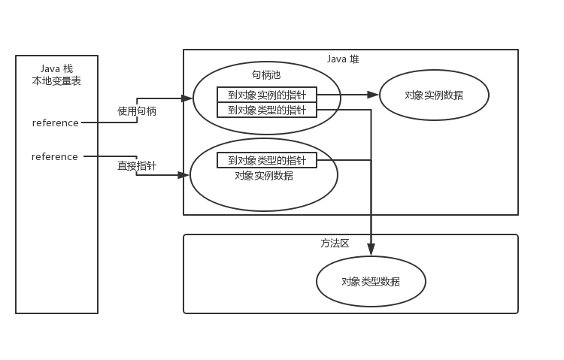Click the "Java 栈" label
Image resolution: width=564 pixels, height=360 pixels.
click(x=56, y=68)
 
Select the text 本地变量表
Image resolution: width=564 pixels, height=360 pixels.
click(x=56, y=81)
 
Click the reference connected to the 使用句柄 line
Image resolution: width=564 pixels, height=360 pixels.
click(x=56, y=123)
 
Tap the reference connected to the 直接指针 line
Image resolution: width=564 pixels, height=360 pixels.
click(x=55, y=157)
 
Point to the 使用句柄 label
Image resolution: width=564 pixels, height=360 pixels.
click(x=137, y=111)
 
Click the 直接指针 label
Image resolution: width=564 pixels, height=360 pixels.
click(x=137, y=166)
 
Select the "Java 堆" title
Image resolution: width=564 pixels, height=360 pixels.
click(x=343, y=59)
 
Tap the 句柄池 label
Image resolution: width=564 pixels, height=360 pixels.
click(x=266, y=75)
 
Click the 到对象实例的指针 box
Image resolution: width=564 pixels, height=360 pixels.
click(x=267, y=95)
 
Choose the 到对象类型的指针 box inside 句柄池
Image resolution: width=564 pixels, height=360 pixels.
click(x=267, y=110)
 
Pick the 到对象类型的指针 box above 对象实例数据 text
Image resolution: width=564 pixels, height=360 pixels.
click(x=267, y=160)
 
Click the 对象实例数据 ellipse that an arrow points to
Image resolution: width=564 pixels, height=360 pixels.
click(x=434, y=95)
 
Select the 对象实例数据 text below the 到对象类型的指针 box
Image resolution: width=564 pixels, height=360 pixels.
click(x=264, y=176)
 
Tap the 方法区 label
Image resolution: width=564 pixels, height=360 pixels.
click(x=335, y=244)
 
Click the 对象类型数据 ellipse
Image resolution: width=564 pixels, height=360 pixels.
click(x=371, y=282)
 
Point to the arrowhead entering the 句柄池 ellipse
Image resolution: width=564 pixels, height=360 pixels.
click(x=187, y=98)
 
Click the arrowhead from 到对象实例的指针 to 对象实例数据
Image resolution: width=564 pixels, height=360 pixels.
click(x=373, y=95)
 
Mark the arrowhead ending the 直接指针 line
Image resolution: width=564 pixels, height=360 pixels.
click(x=183, y=175)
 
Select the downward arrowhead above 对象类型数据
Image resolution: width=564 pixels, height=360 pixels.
click(x=371, y=250)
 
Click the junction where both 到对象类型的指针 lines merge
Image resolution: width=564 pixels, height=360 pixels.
click(x=371, y=160)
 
